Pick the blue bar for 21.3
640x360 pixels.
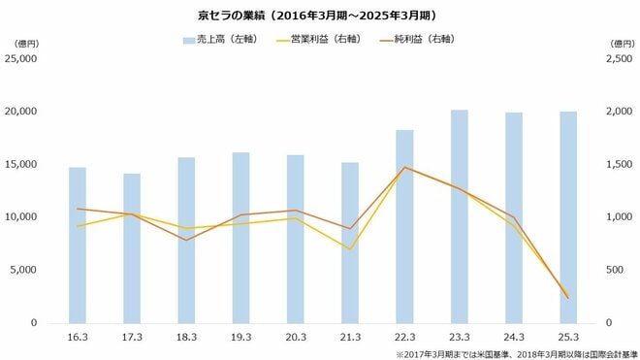pos(350,243)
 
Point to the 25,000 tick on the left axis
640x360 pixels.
pos(21,58)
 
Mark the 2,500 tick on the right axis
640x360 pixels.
pos(618,58)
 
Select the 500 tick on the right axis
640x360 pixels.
pos(613,270)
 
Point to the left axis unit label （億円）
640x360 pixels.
pos(21,42)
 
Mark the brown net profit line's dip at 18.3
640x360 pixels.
pos(186,240)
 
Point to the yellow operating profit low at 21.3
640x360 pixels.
pos(350,249)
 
